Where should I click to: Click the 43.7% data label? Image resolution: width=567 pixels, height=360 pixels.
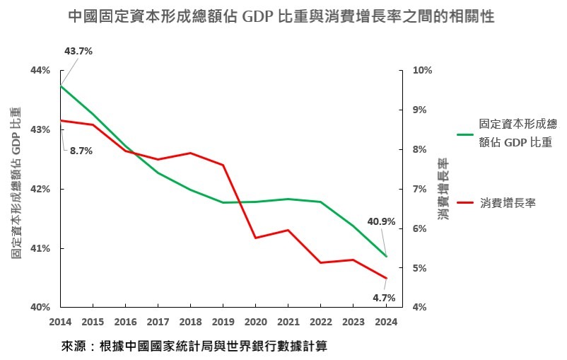click(x=78, y=52)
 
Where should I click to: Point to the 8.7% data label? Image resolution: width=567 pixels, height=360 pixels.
click(x=81, y=150)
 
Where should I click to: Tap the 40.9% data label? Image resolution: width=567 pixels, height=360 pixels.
click(x=381, y=221)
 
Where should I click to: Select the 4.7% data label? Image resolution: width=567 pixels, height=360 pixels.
click(x=384, y=297)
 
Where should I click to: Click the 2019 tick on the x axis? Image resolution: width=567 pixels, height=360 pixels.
click(x=223, y=321)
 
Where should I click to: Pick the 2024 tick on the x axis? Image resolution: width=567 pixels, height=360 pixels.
click(x=387, y=321)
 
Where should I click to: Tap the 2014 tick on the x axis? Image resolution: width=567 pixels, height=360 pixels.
click(x=60, y=321)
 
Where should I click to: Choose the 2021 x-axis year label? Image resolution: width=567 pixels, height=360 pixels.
click(x=288, y=321)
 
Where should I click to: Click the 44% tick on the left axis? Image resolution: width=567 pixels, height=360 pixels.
click(x=40, y=70)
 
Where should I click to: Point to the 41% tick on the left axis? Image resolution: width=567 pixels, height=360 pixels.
click(x=40, y=248)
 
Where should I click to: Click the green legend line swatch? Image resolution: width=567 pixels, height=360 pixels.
click(x=465, y=133)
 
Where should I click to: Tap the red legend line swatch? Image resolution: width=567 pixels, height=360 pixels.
click(x=465, y=203)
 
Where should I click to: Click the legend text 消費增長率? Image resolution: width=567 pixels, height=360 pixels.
click(x=508, y=203)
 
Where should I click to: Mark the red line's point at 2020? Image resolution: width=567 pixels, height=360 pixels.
click(x=255, y=238)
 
